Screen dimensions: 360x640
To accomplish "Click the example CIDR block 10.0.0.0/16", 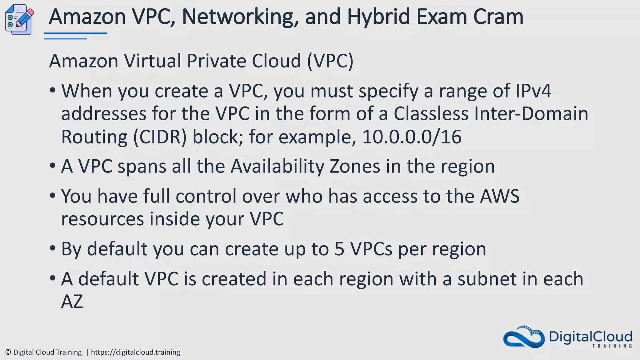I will tap(412, 137).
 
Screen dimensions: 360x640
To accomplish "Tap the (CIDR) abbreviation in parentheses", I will tap(160, 137).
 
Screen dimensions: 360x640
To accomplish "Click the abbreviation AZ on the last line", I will tap(72, 302).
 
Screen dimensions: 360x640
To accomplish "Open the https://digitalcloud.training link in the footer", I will tap(135, 352).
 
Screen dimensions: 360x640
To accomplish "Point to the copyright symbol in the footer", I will tap(8, 352).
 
